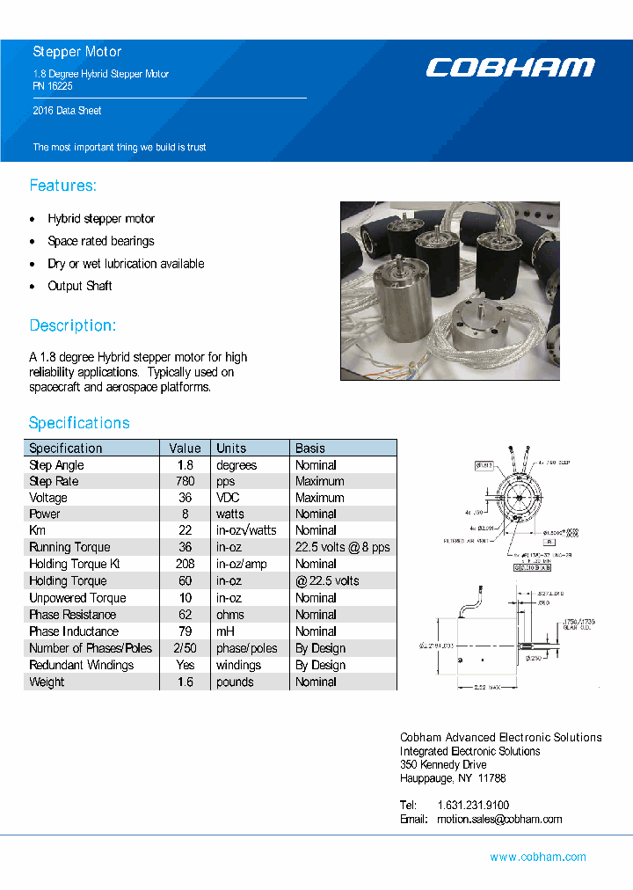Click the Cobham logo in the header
[510, 68]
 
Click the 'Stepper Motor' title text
[77, 52]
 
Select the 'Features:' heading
[62, 186]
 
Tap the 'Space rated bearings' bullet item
[101, 241]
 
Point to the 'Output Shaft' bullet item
[80, 286]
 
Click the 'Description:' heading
[72, 325]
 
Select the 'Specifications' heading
[79, 423]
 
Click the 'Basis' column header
[310, 448]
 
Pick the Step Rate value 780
[186, 481]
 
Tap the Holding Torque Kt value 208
[186, 564]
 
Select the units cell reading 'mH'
[226, 631]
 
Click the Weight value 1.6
[186, 682]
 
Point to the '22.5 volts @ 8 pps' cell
[342, 547]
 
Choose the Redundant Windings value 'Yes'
[186, 665]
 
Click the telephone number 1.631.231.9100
[473, 805]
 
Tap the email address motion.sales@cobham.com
[499, 819]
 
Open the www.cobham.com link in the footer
[538, 857]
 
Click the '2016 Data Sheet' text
[67, 111]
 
